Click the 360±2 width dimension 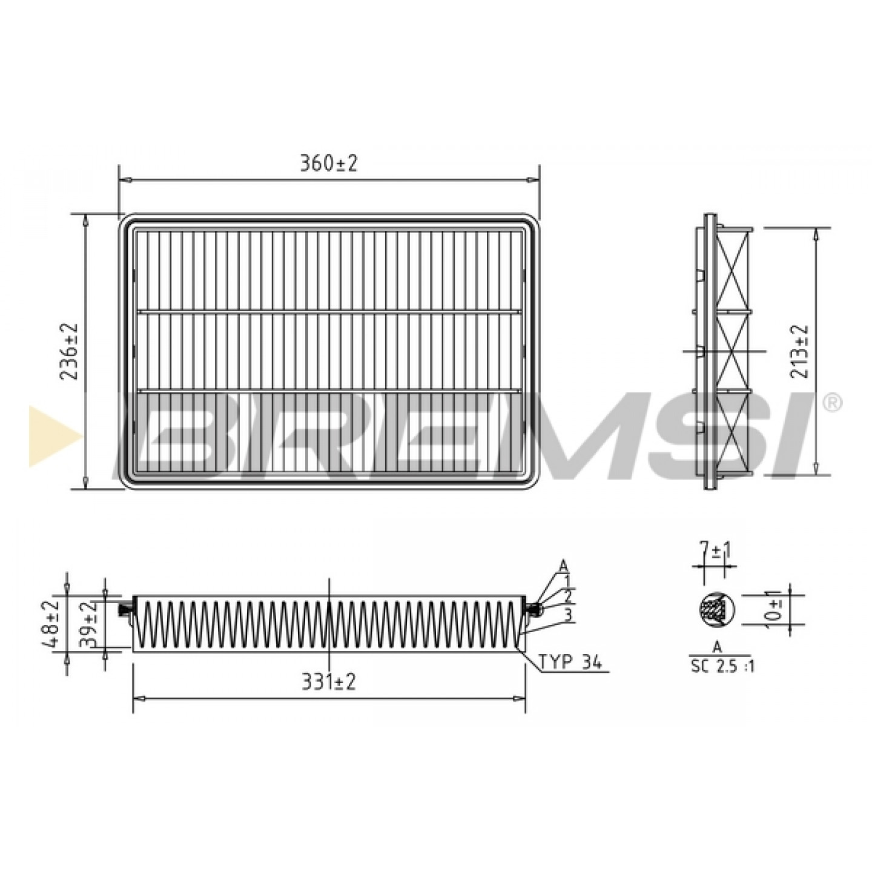[x=329, y=163]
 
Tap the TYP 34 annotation [x=570, y=663]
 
